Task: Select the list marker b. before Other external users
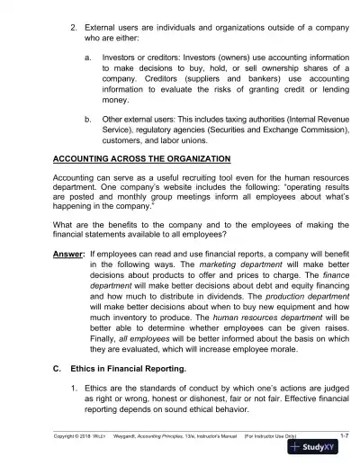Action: pos(86,117)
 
